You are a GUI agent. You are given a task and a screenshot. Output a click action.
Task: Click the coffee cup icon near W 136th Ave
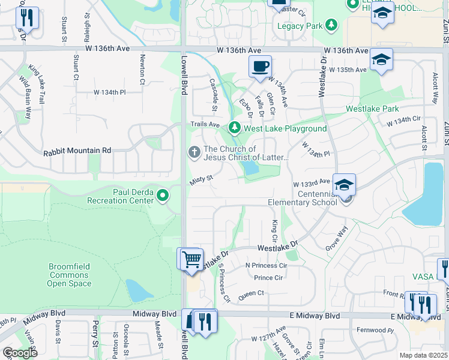pos(260,67)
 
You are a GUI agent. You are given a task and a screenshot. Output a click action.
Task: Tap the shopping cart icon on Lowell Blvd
pos(192,259)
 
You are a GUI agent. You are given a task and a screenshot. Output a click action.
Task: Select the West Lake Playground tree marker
pos(234,128)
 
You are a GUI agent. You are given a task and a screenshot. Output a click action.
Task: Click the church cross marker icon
pos(194,152)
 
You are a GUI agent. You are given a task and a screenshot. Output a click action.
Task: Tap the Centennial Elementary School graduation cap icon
pos(344,184)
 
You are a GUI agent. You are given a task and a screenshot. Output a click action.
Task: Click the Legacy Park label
pos(299,26)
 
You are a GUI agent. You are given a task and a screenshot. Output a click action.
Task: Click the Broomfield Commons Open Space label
pos(69,275)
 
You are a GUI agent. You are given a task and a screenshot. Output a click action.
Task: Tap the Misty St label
pos(202,179)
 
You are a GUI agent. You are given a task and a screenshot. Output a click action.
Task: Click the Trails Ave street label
pos(205,124)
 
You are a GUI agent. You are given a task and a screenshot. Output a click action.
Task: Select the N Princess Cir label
pos(266,265)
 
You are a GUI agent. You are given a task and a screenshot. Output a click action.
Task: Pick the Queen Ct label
pos(252,293)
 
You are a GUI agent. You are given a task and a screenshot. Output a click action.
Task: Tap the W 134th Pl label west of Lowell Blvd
pos(109,92)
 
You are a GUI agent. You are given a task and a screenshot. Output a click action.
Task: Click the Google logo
pos(20,353)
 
